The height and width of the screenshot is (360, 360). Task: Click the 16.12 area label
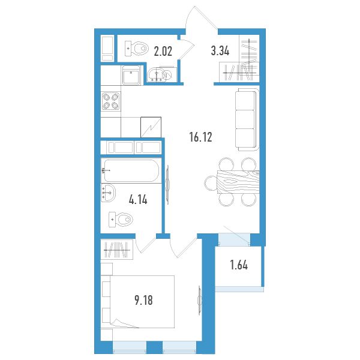click(x=201, y=137)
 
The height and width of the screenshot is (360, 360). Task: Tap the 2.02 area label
click(x=163, y=51)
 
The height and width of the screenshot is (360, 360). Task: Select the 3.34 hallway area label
click(x=220, y=51)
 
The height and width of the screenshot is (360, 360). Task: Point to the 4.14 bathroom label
click(x=138, y=199)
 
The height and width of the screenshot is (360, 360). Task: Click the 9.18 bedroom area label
click(x=144, y=300)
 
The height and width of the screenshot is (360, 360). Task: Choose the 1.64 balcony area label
click(x=239, y=265)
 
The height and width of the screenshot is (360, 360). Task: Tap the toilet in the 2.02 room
click(x=136, y=49)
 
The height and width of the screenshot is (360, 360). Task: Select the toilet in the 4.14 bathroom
click(x=121, y=220)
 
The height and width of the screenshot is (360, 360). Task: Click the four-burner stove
click(x=111, y=101)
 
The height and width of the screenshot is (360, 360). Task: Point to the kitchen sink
click(x=131, y=76)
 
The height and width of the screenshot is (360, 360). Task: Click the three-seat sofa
click(x=247, y=119)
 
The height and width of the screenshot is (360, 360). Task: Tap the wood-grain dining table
click(x=238, y=182)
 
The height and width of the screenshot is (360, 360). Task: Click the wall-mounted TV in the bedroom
click(x=199, y=301)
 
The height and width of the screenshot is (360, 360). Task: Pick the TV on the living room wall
click(x=167, y=185)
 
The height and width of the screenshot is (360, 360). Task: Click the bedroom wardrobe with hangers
click(x=117, y=250)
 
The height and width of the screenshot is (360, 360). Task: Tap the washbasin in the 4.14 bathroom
click(x=108, y=193)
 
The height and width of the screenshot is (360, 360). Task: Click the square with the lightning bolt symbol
click(x=151, y=127)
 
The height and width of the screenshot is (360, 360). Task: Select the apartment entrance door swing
click(x=202, y=17)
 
